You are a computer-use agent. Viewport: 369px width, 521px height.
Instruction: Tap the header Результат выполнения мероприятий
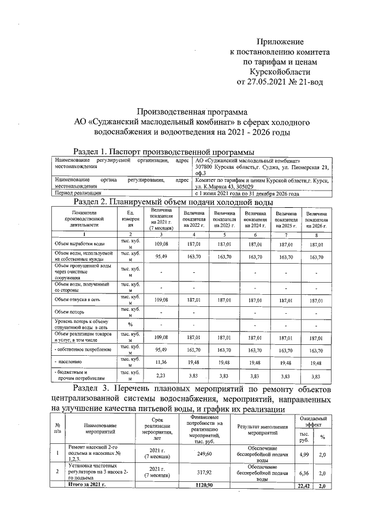pyautogui.click(x=261, y=429)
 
